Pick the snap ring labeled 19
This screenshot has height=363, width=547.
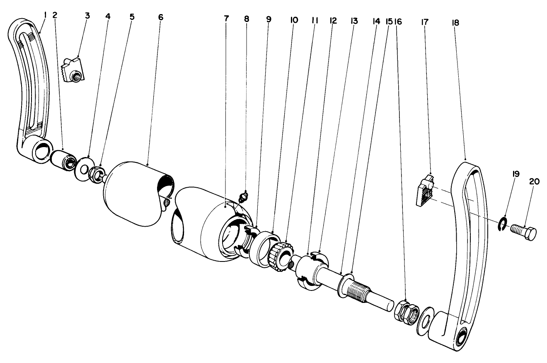click(x=502, y=223)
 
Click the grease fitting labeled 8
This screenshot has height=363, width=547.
click(x=245, y=195)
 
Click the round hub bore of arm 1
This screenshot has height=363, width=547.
click(x=41, y=151)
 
